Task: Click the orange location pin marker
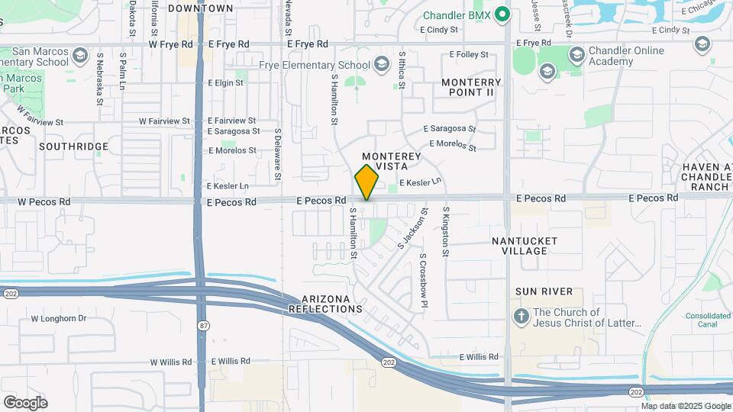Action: [366, 182]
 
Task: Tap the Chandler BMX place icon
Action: [502, 14]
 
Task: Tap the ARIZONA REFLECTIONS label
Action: [325, 304]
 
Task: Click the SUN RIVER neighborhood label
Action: [538, 291]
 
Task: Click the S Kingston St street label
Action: [445, 230]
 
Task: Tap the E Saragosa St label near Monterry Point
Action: [450, 129]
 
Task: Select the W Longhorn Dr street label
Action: [59, 319]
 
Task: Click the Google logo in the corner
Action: [25, 402]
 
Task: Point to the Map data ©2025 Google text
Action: [685, 406]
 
